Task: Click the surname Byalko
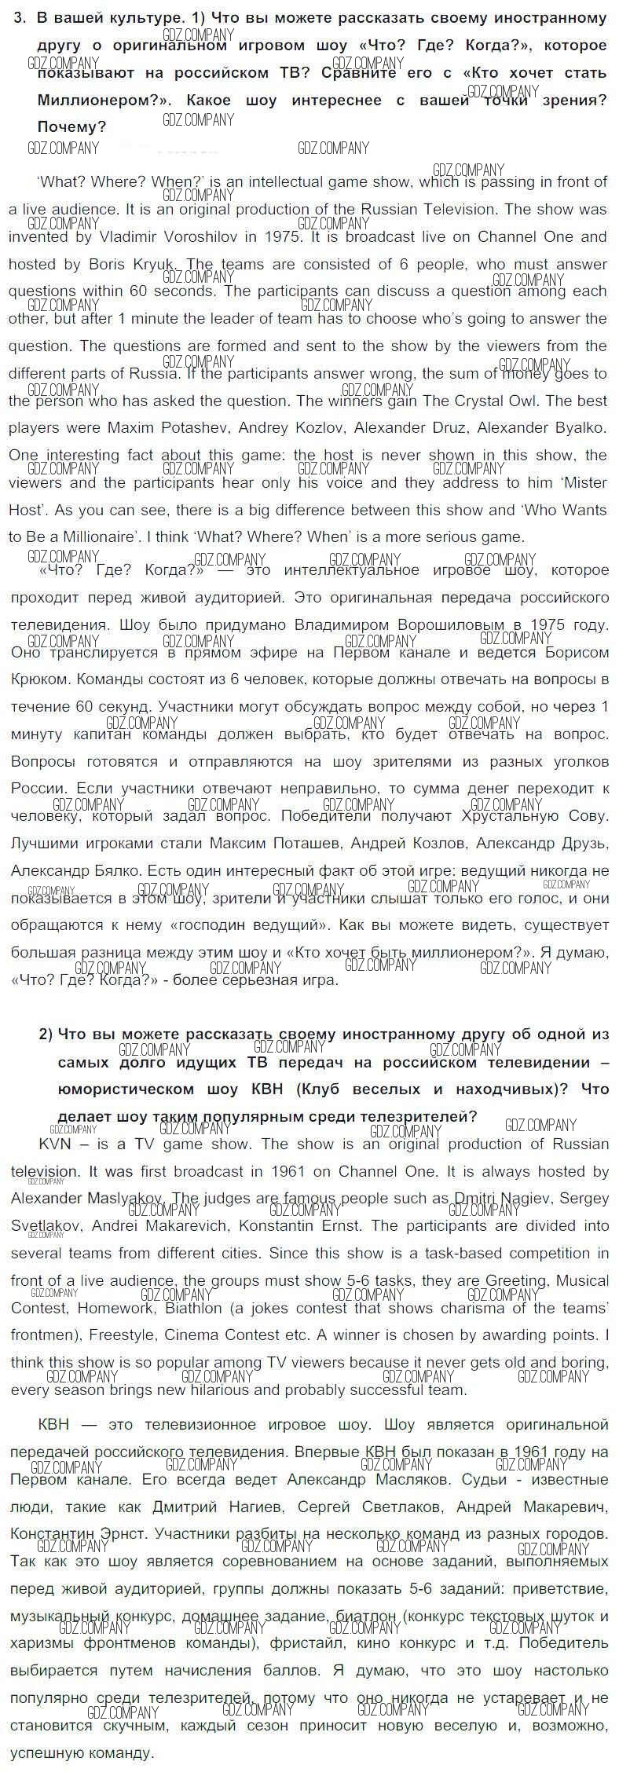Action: pyautogui.click(x=577, y=428)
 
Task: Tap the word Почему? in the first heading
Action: pyautogui.click(x=71, y=127)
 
